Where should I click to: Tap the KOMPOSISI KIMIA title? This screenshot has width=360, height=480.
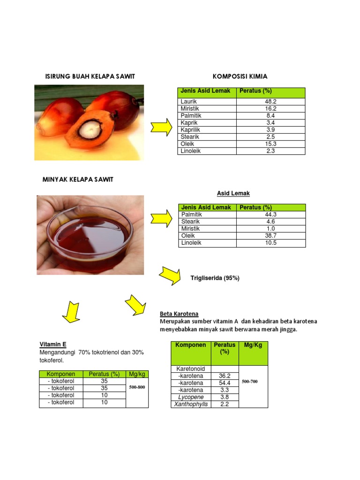point(240,76)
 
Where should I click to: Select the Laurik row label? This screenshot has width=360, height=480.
point(189,101)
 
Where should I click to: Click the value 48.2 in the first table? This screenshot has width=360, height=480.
point(270,101)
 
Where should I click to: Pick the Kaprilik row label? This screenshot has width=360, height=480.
point(191,129)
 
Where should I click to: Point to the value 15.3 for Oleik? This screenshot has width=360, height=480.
point(270,144)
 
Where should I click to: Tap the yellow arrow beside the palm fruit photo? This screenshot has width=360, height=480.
point(161,127)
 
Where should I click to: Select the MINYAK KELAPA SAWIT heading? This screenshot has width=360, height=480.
point(78,180)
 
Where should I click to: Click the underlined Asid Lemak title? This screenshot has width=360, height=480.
point(233,193)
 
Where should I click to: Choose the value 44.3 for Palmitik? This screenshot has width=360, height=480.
point(271,214)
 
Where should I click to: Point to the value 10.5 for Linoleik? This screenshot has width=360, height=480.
point(271,243)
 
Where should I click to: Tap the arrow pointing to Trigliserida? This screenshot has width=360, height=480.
point(170,275)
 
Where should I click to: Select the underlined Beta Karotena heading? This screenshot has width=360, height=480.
point(179,314)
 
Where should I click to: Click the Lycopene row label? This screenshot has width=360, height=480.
point(190,397)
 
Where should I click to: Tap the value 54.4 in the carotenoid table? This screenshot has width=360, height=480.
point(225,383)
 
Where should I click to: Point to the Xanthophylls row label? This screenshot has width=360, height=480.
point(191,404)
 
